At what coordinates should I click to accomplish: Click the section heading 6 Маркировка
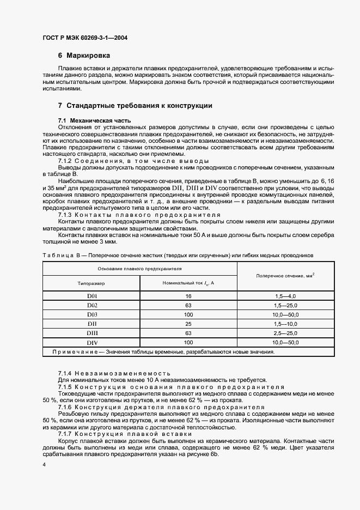pos(84,56)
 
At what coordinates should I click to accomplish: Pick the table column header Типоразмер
pos(91,283)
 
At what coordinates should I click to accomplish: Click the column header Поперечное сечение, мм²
pos(285,276)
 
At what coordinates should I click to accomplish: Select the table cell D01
pos(91,296)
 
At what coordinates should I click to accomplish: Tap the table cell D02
pos(91,305)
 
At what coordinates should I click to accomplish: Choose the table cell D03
pos(91,314)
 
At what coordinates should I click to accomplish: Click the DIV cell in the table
pos(91,342)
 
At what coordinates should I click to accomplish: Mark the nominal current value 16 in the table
pos(188,296)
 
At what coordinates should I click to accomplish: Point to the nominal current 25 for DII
pos(188,324)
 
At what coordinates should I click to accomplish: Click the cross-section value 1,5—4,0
pos(285,296)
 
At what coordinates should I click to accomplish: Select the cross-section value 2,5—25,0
pos(285,333)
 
